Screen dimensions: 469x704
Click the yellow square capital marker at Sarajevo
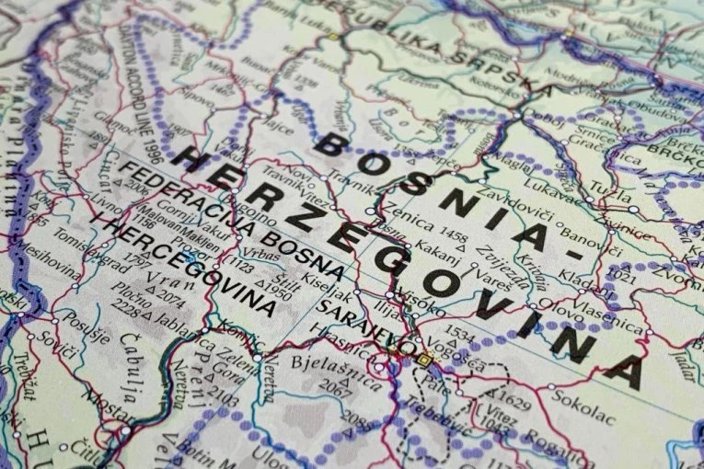tap(425, 358)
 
